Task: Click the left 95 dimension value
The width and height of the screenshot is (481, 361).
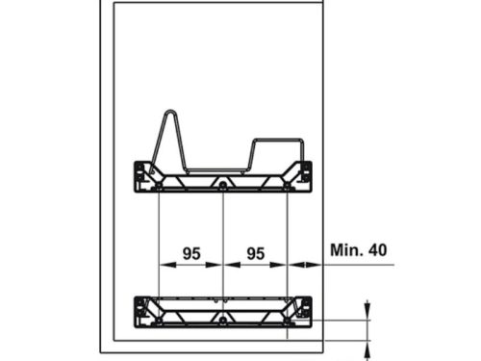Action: pyautogui.click(x=190, y=253)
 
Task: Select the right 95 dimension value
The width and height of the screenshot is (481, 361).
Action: pyautogui.click(x=255, y=253)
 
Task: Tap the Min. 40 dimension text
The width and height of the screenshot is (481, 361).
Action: pyautogui.click(x=358, y=249)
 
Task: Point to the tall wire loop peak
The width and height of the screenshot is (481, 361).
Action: pyautogui.click(x=169, y=116)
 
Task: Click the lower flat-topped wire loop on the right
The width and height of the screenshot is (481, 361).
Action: pyautogui.click(x=276, y=144)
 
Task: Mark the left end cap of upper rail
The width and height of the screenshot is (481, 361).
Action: pyautogui.click(x=142, y=172)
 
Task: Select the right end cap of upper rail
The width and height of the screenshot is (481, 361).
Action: pyautogui.click(x=306, y=172)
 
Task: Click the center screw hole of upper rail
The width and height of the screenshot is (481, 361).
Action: pyautogui.click(x=223, y=183)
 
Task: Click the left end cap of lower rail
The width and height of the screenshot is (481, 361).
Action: pyautogui.click(x=142, y=308)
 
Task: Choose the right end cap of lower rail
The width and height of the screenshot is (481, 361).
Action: pyautogui.click(x=306, y=308)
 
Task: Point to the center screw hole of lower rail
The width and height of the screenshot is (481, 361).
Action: pyautogui.click(x=223, y=319)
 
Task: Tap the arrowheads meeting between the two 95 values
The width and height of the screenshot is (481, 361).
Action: pyautogui.click(x=223, y=264)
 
